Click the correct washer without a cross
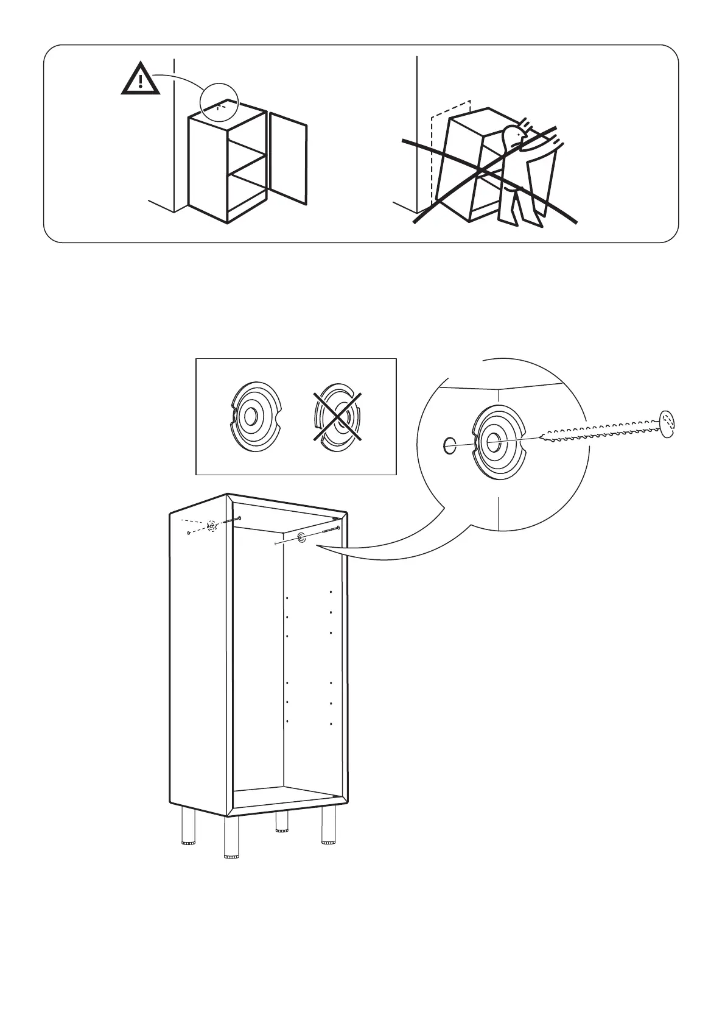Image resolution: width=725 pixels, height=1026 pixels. click(x=256, y=416)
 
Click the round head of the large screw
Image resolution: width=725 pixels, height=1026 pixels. click(x=667, y=423)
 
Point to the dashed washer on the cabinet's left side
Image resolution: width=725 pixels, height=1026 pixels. click(x=211, y=526)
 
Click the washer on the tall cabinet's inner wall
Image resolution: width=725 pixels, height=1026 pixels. click(x=301, y=537)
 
